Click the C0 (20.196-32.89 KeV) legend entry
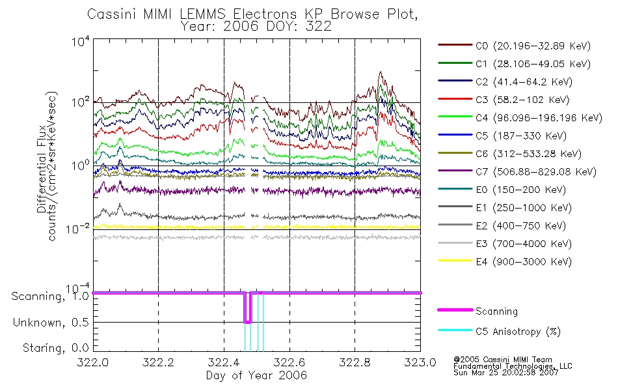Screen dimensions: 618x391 pyautogui.click(x=514, y=46)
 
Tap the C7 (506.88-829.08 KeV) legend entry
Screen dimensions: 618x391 pyautogui.click(x=517, y=172)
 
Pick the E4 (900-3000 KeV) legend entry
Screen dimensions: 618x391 pyautogui.click(x=505, y=261)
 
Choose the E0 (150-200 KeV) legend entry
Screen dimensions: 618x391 pyautogui.click(x=502, y=190)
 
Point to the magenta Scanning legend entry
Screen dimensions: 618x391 pyautogui.click(x=477, y=311)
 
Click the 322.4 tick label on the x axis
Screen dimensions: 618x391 pyautogui.click(x=224, y=362)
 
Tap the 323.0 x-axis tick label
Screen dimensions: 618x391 pyautogui.click(x=420, y=362)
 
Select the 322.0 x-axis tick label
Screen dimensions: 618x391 pyautogui.click(x=93, y=362)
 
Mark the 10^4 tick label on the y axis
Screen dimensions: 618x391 pyautogui.click(x=81, y=41)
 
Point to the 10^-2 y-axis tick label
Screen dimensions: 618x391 pyautogui.click(x=78, y=228)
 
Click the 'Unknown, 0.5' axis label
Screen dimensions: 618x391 pyautogui.click(x=51, y=323)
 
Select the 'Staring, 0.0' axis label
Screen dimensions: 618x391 pyautogui.click(x=56, y=348)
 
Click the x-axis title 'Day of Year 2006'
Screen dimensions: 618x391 pyautogui.click(x=256, y=375)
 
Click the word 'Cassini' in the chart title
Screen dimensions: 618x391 pyautogui.click(x=111, y=14)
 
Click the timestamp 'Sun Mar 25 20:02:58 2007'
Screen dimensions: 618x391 pyautogui.click(x=506, y=372)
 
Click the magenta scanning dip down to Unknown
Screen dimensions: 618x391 pyautogui.click(x=247, y=308)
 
